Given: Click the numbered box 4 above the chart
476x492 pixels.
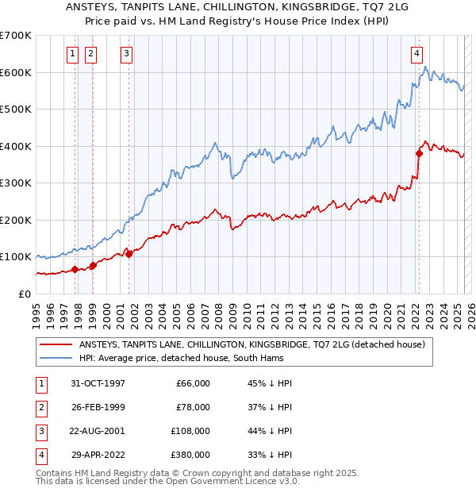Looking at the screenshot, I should (416, 54).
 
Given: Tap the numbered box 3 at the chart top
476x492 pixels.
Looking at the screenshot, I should (126, 54).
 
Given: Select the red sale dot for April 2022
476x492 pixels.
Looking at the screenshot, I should (419, 154).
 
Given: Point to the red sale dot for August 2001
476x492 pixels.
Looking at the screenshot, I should (129, 254).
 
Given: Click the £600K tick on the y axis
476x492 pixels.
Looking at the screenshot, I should (16, 72).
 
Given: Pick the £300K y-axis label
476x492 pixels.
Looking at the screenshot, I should (16, 183).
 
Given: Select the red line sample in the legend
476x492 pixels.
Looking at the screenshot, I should (55, 344).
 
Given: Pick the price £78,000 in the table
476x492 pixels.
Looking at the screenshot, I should (192, 407).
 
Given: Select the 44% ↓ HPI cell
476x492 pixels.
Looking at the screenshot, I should (270, 431).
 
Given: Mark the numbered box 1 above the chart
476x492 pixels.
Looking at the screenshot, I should (72, 54).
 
